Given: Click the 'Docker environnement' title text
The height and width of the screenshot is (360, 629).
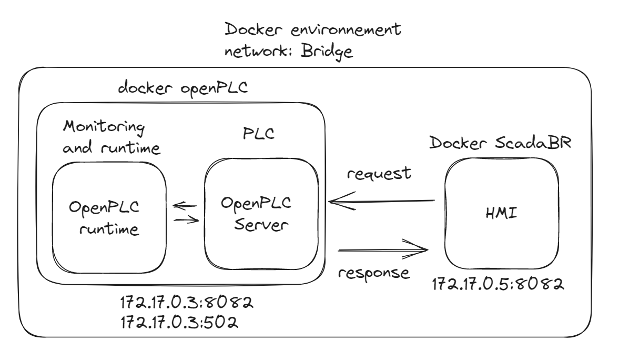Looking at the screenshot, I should click(x=313, y=31).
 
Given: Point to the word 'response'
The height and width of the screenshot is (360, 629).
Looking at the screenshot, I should click(x=373, y=273).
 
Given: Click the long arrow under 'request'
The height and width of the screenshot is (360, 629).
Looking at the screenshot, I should click(x=381, y=201).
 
